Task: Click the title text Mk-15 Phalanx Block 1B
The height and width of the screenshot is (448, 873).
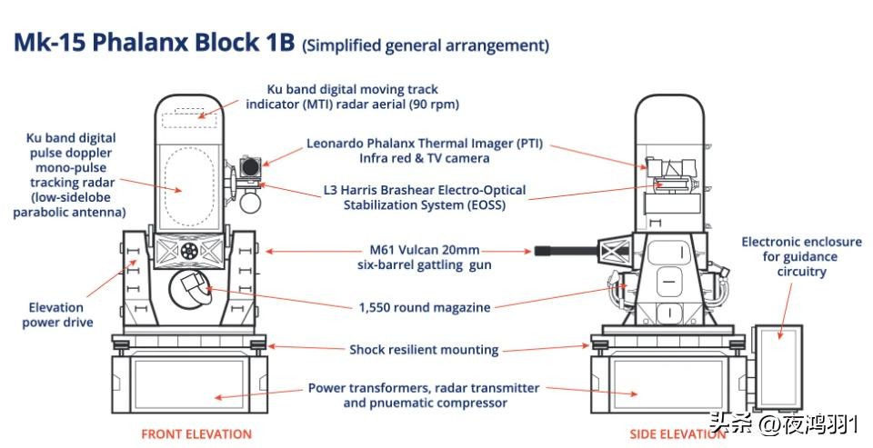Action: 155,45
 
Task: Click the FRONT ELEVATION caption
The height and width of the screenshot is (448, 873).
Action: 196,434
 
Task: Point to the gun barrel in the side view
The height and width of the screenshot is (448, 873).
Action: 564,249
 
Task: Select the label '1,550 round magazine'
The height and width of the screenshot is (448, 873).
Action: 425,308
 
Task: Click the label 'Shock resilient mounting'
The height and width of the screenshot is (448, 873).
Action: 424,350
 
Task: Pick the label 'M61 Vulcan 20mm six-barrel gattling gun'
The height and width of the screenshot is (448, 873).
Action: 418,257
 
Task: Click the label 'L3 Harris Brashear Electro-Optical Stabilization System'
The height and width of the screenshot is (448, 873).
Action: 425,198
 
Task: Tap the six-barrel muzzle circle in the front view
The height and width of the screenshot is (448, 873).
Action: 189,249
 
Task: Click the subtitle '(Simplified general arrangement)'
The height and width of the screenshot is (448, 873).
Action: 426,45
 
